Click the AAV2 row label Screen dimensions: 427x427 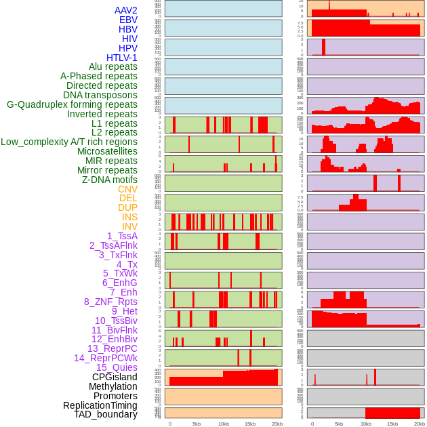coord(126,10)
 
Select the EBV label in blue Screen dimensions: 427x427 coord(128,20)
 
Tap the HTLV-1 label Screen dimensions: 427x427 coord(122,58)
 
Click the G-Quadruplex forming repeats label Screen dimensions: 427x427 coord(72,104)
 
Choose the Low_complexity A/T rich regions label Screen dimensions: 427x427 coord(69,142)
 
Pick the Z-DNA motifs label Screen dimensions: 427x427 coord(110,180)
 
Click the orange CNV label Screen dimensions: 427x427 coord(127,189)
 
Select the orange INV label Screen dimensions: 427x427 coord(129,226)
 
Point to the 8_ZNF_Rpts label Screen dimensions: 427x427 coord(110,302)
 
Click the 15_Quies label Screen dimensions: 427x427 coord(117,367)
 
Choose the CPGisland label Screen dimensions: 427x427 coord(115,377)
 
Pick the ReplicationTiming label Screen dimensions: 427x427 coord(100,405)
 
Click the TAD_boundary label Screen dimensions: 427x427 coord(106,414)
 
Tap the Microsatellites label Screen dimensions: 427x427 coord(107,151)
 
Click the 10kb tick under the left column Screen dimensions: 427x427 coord(223,424)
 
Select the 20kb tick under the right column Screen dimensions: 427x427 coord(420,424)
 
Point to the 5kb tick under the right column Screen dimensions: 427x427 coord(339,424)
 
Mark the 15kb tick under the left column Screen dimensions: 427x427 coord(250,424)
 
